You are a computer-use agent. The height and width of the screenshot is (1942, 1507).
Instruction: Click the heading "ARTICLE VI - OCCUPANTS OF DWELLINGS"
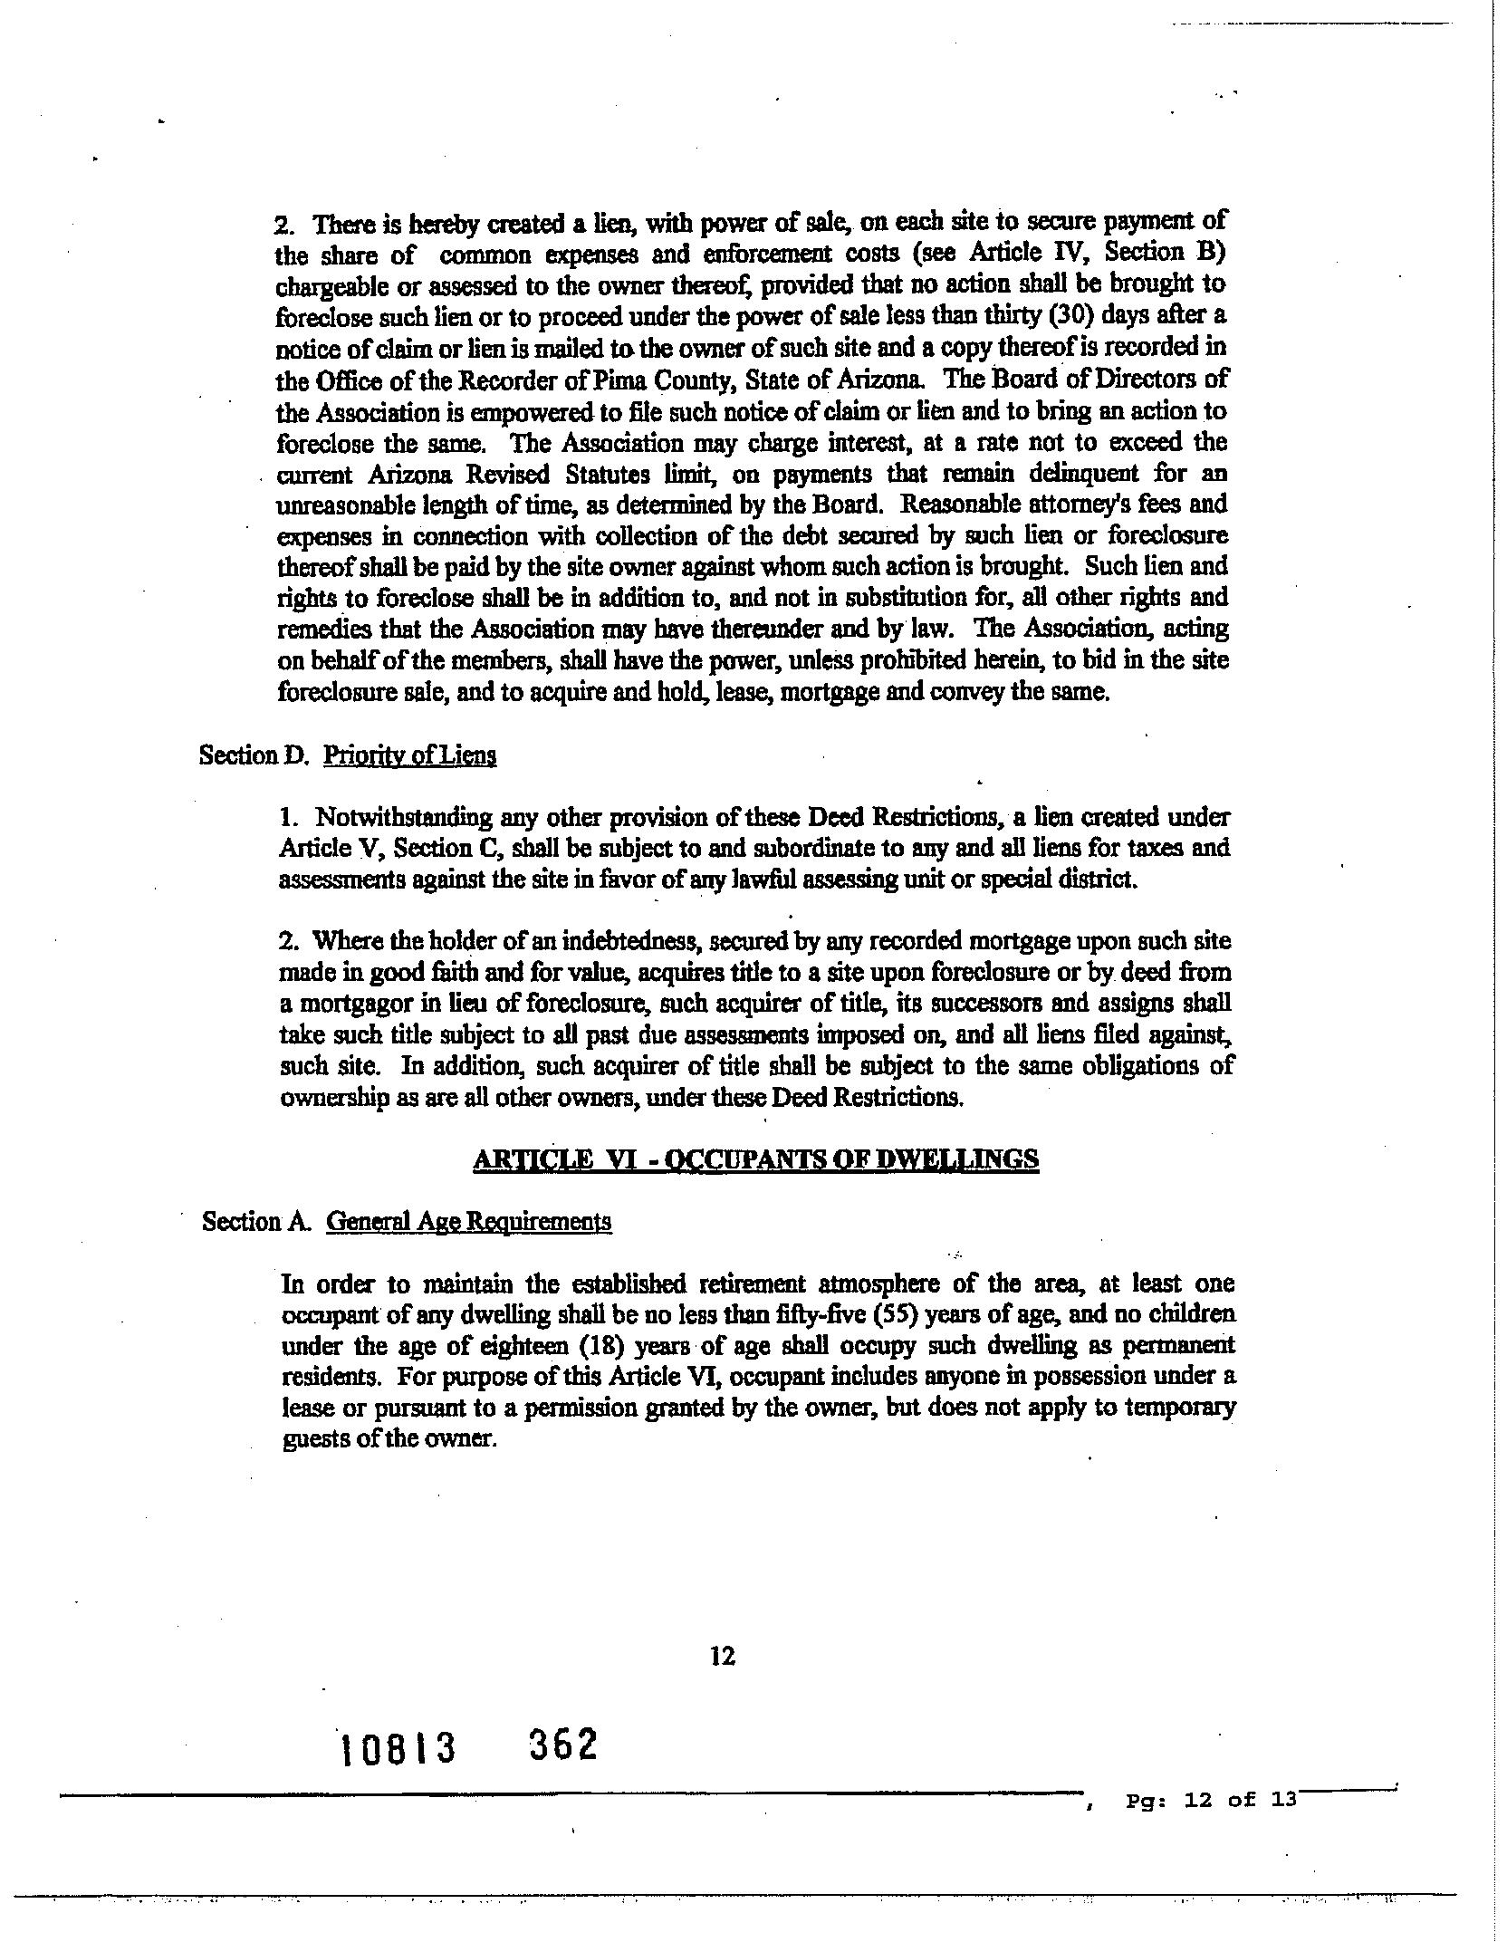point(755,1159)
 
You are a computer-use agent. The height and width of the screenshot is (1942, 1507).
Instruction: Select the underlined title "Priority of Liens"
point(409,755)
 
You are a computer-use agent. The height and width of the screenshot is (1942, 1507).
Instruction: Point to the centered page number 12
point(723,1656)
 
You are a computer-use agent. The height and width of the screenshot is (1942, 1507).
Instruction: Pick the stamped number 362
point(562,1744)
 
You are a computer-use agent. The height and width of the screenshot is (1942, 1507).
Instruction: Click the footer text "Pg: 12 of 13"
point(1212,1800)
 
